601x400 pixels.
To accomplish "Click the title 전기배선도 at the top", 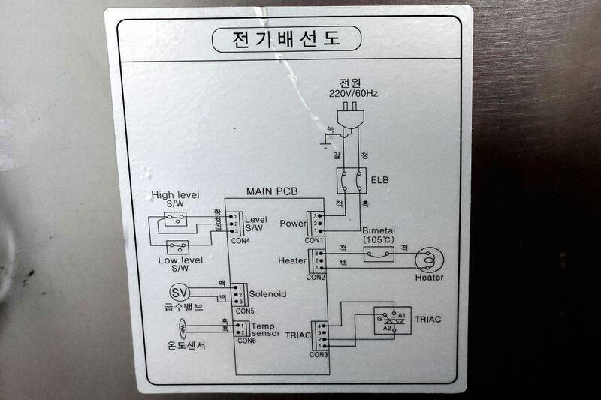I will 286,38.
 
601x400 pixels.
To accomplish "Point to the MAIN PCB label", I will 272,192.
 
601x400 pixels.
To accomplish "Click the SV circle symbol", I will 179,292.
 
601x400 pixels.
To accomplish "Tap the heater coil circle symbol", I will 429,258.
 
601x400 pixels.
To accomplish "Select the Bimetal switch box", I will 377,255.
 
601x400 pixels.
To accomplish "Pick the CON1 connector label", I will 314,241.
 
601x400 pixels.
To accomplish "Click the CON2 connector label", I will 315,277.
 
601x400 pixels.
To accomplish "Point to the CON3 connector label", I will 319,354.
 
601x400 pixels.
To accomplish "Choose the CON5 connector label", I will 245,310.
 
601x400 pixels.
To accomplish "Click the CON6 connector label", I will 246,340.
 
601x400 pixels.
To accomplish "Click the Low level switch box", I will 178,246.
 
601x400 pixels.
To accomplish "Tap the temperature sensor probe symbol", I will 183,328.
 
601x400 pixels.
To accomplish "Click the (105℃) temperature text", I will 377,239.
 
